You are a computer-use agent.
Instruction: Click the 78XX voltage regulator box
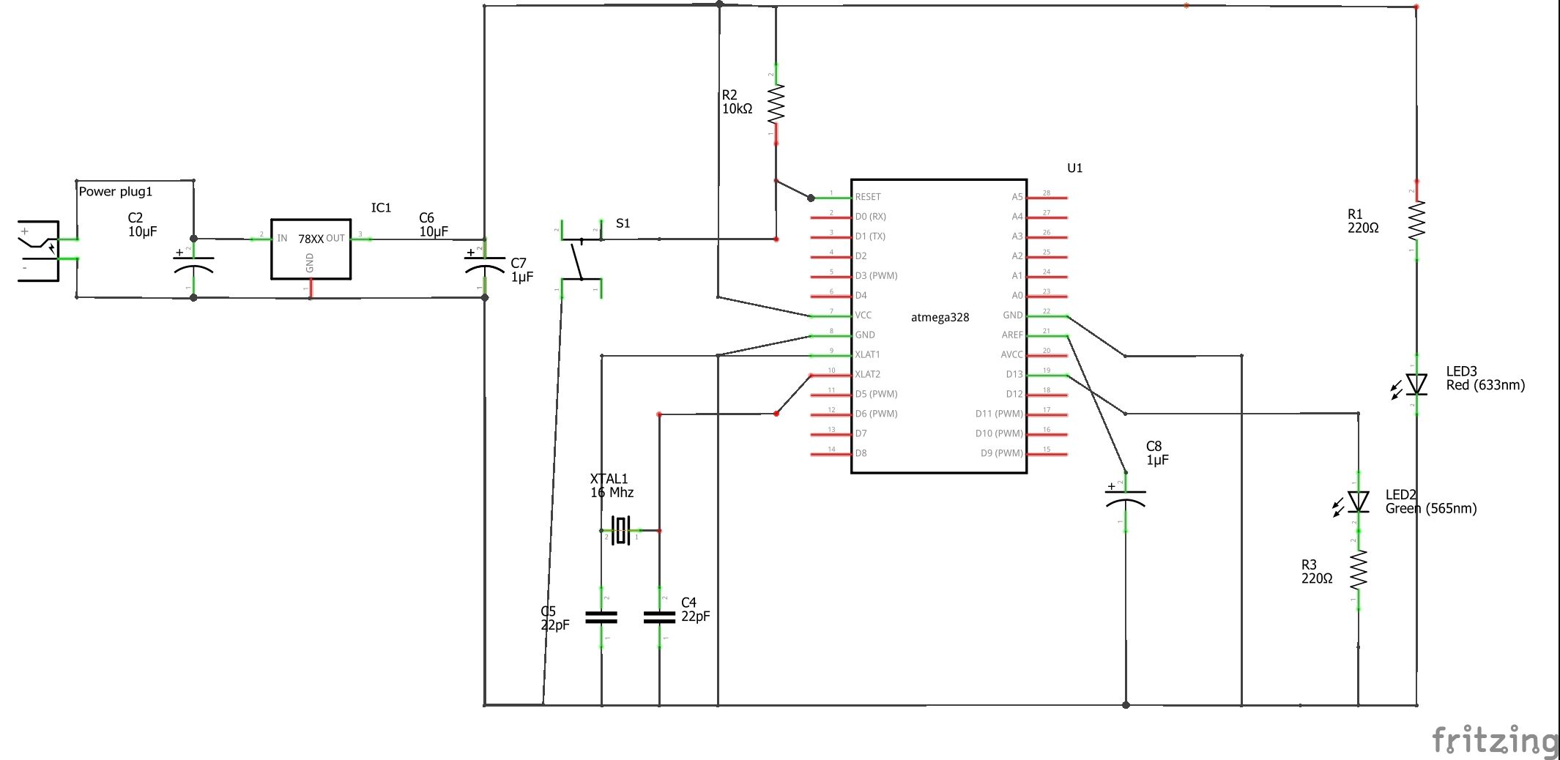tap(311, 249)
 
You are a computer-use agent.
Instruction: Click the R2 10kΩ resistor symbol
tap(776, 104)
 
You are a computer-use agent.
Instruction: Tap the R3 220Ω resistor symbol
tap(1359, 570)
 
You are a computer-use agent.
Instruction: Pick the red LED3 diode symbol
tap(1416, 384)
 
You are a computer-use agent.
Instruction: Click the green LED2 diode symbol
tap(1358, 502)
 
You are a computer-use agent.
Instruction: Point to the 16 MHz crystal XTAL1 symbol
tap(621, 530)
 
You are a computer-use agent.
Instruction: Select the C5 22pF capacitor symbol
tap(601, 618)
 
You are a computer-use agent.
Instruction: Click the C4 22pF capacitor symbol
tap(659, 618)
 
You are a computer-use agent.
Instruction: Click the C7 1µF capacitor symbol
tap(485, 267)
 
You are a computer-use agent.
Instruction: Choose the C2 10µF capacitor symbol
tap(193, 267)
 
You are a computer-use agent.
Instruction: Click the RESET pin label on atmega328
tap(868, 197)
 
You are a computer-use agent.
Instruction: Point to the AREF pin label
tap(1012, 335)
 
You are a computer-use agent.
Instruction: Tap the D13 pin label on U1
tap(1014, 375)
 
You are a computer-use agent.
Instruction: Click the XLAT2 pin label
tap(868, 375)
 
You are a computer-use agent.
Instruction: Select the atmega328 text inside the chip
tap(940, 318)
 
